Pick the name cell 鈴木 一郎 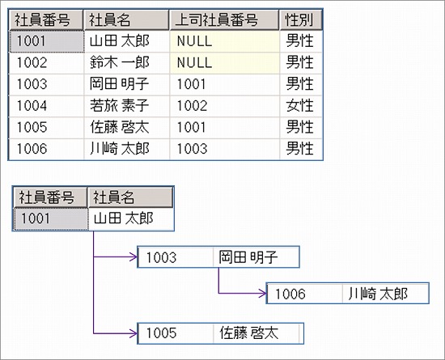[x=120, y=61]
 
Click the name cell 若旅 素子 [x=120, y=105]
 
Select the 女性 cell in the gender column [x=300, y=105]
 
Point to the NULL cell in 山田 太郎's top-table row [x=193, y=40]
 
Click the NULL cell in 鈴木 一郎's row [x=193, y=61]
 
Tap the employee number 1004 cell [x=32, y=105]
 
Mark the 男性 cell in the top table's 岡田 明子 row [x=300, y=83]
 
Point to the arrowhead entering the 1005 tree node [x=133, y=332]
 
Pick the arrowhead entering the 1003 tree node [x=133, y=258]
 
